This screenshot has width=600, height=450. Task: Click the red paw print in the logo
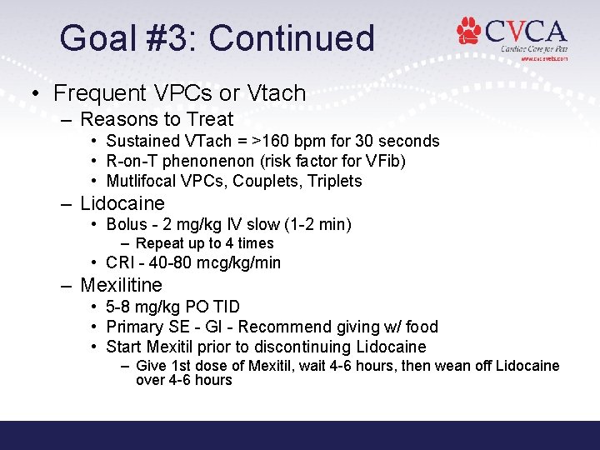pyautogui.click(x=469, y=32)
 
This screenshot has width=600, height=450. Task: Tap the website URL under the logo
pyautogui.click(x=544, y=59)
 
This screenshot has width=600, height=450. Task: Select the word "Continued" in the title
pyautogui.click(x=292, y=38)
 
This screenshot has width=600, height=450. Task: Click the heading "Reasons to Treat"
pyautogui.click(x=157, y=119)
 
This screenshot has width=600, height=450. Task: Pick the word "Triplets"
pyautogui.click(x=333, y=181)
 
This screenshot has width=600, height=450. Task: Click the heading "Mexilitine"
pyautogui.click(x=121, y=285)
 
